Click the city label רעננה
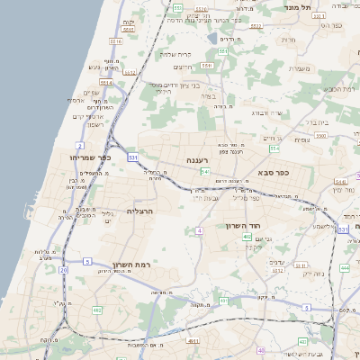[x=198, y=160]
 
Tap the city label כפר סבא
[x=271, y=172]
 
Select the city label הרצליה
[x=141, y=211]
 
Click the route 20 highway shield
[x=63, y=269]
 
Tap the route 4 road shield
[x=198, y=231]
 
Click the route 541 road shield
[x=206, y=171]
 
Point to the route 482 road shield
[x=96, y=310]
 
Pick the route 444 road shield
[x=345, y=267]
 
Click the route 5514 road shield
[x=106, y=83]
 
